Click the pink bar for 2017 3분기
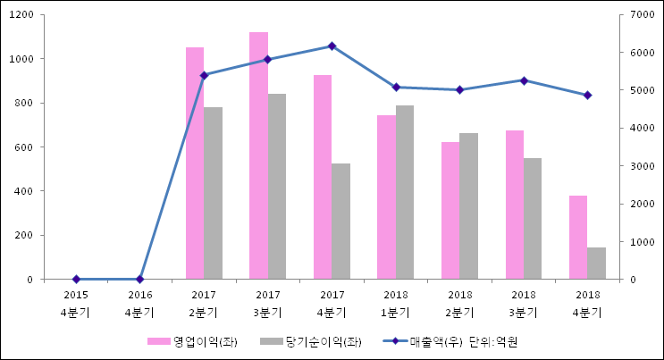click(258, 155)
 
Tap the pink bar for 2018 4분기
click(578, 237)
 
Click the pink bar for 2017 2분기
click(195, 163)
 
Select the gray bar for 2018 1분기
click(405, 192)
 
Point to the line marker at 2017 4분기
click(332, 46)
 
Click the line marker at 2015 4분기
click(76, 279)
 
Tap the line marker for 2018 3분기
click(524, 80)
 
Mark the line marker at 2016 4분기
click(139, 279)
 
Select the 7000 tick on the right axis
click(643, 15)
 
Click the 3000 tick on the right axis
click(643, 166)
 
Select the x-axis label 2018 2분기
click(460, 304)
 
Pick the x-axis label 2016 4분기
click(140, 304)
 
